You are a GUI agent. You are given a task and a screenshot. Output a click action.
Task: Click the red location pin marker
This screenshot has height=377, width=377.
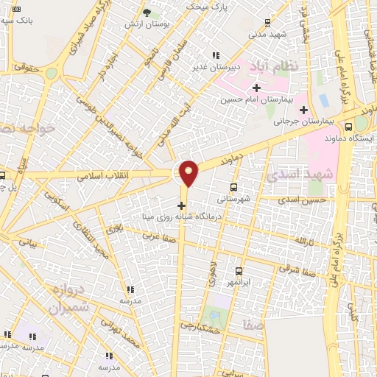(x=189, y=172)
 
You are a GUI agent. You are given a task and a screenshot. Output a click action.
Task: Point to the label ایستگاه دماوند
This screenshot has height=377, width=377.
(x=349, y=138)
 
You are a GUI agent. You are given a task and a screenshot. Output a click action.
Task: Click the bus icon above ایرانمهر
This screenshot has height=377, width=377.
(x=239, y=271)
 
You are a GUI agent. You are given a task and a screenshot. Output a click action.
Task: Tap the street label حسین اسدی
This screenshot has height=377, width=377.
(x=306, y=200)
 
